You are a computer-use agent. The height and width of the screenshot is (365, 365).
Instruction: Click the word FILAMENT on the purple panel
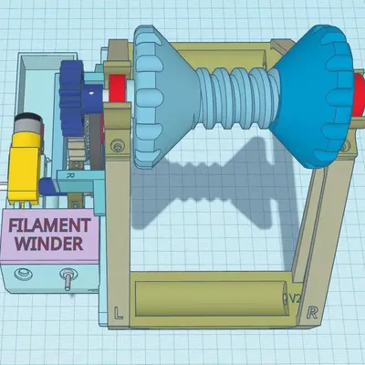[x=50, y=225]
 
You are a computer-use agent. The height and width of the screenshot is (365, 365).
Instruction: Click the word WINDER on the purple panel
[x=51, y=244]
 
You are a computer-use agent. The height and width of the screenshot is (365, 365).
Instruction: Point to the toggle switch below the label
[x=68, y=278]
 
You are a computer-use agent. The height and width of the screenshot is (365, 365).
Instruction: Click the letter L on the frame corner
[x=120, y=312]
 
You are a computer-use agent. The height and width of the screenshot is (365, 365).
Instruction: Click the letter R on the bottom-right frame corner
[x=314, y=312]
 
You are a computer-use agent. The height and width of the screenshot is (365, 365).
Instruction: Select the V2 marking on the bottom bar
[x=293, y=298]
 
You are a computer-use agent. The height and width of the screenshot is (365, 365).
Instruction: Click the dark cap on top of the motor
[x=27, y=121]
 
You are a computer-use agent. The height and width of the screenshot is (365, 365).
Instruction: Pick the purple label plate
[x=50, y=235]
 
